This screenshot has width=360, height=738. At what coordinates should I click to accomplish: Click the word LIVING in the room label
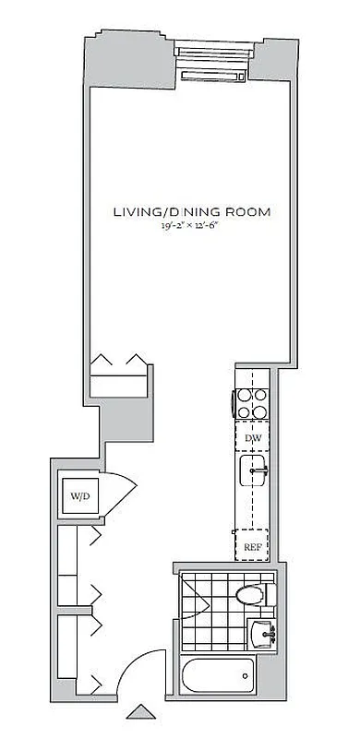[x=135, y=212]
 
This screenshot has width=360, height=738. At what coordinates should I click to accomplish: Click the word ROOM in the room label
[x=250, y=212]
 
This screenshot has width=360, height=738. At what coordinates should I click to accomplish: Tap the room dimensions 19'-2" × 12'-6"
[x=191, y=227]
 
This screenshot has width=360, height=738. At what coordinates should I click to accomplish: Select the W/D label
[x=78, y=496]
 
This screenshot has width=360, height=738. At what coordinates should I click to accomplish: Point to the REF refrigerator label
[x=252, y=547]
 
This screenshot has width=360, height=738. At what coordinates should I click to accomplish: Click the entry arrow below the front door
[x=142, y=711]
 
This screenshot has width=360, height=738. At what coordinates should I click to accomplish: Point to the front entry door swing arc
[x=131, y=669]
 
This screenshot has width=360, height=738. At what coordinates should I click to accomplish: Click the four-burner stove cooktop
[x=252, y=405]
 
